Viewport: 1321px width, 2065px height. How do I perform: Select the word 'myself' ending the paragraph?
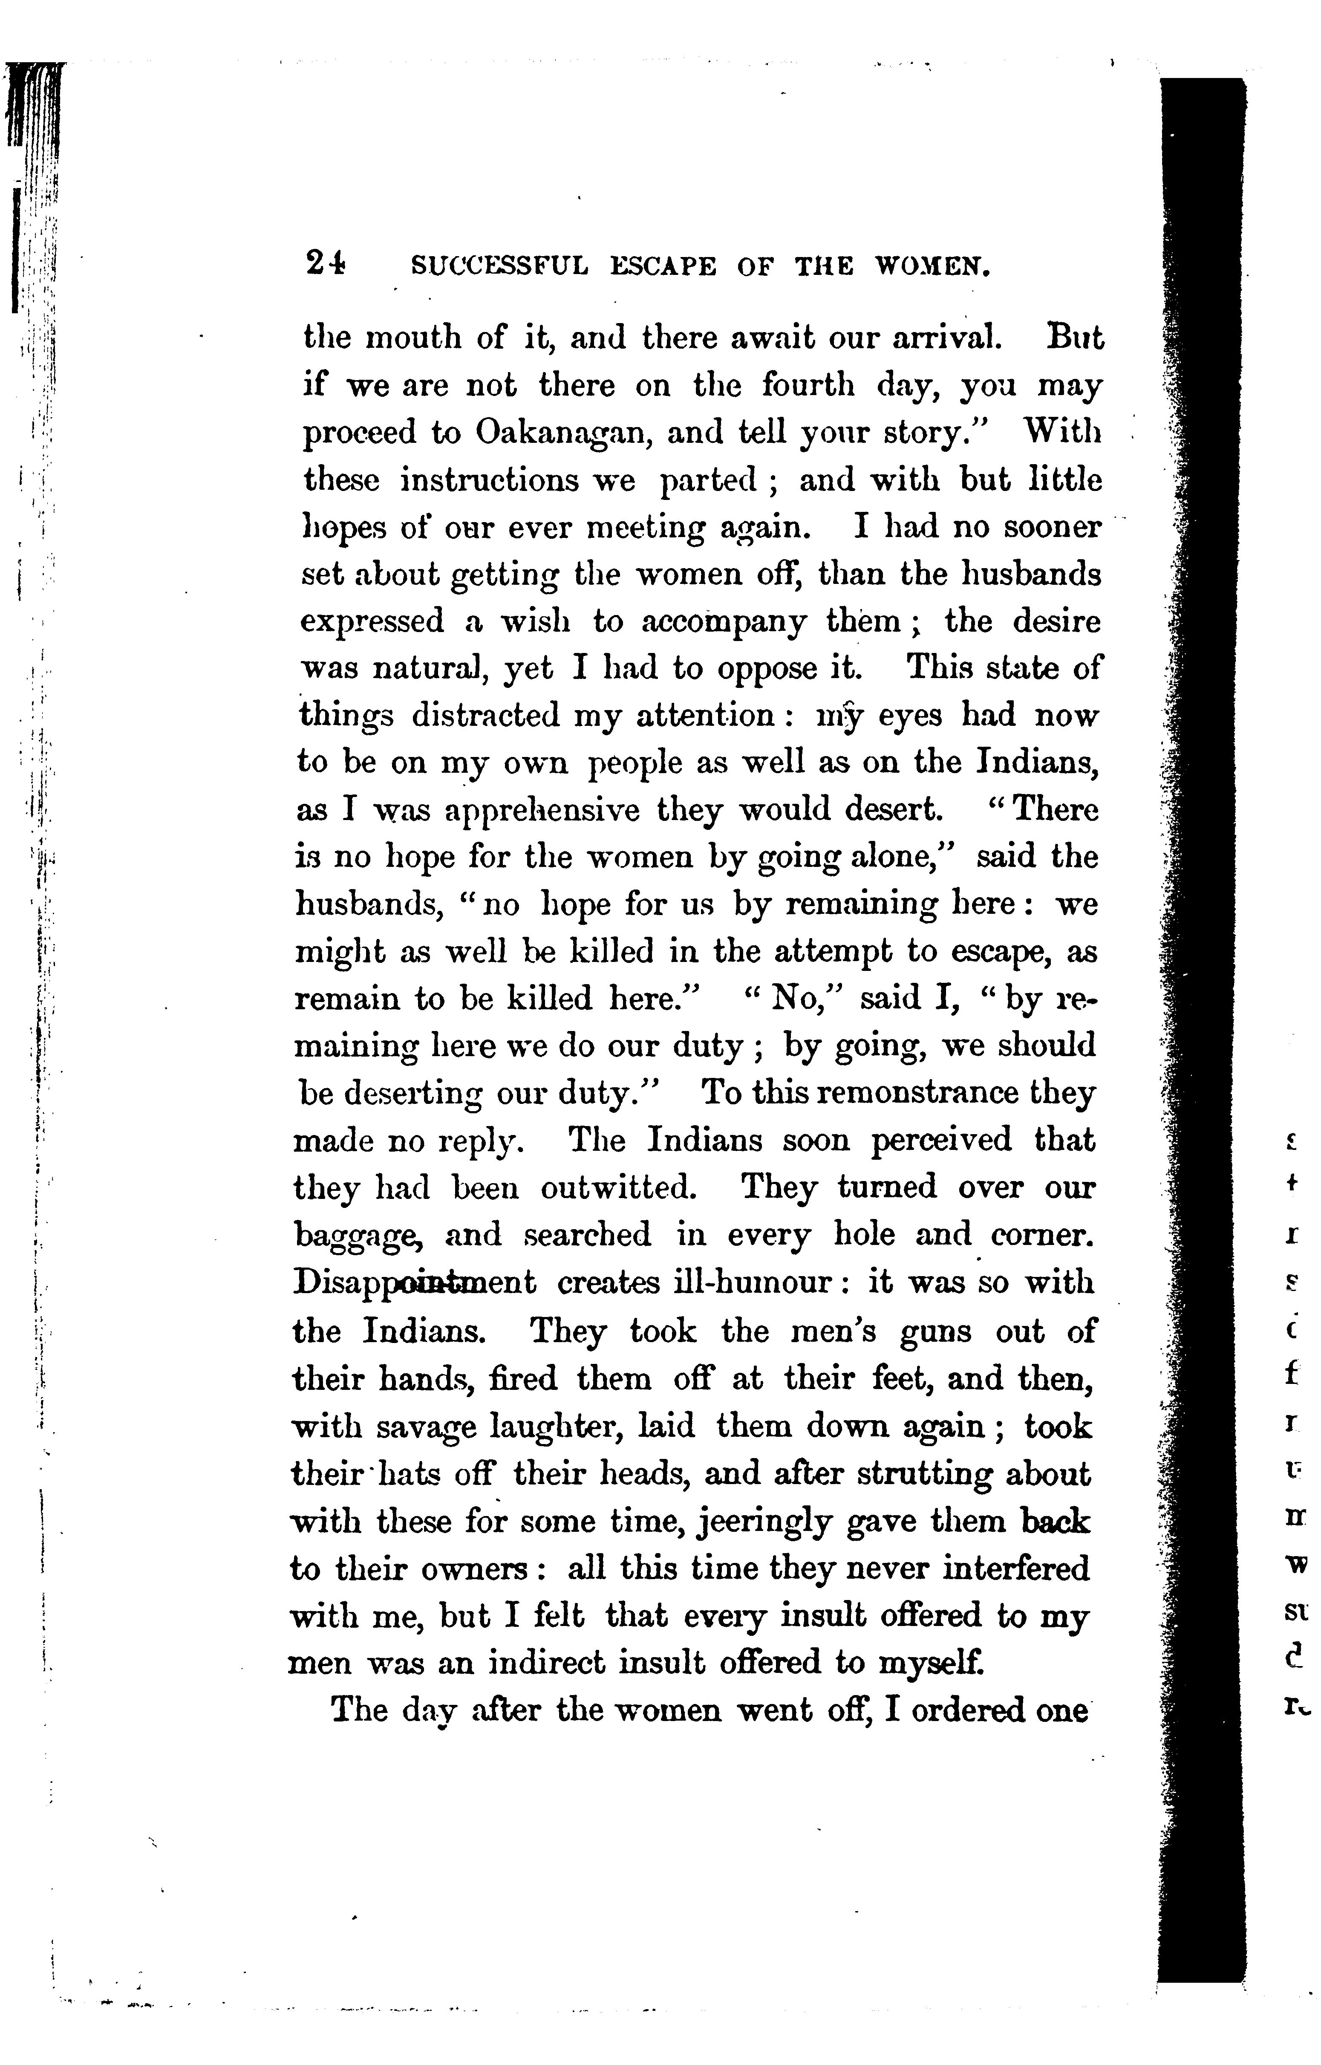click(931, 1663)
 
